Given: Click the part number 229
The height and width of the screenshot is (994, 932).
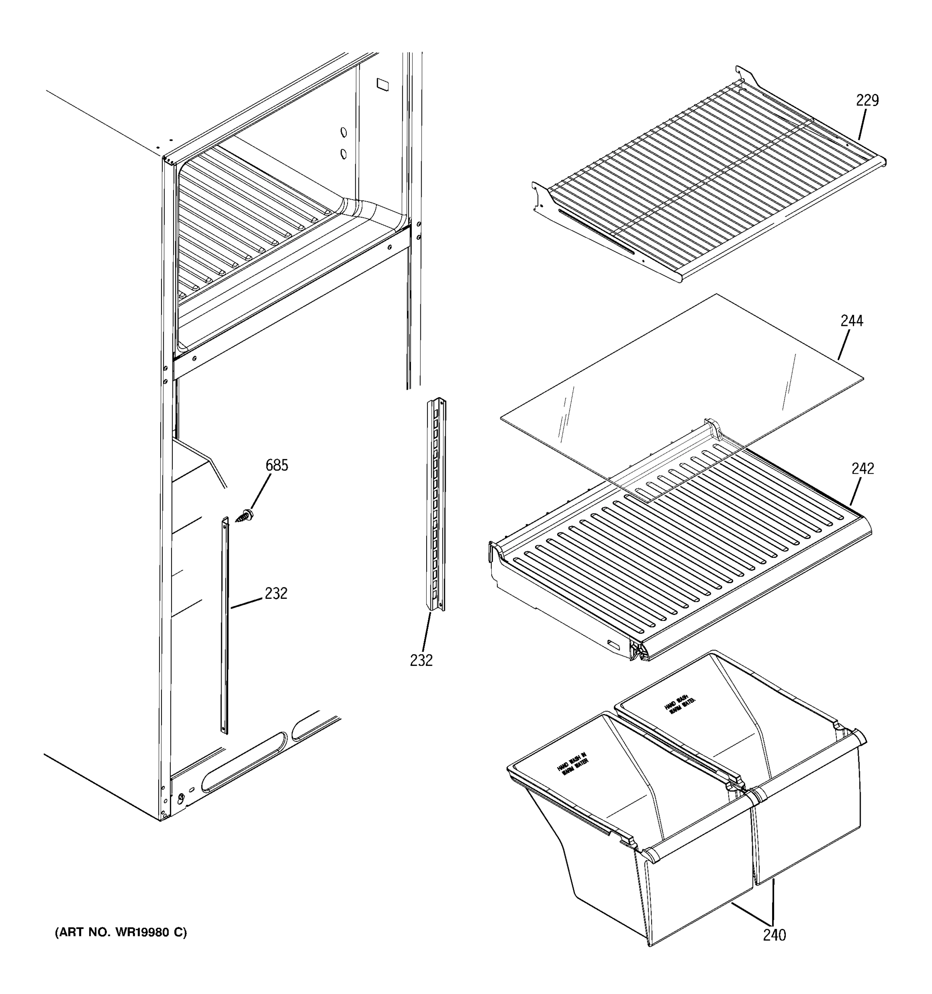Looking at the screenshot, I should [867, 101].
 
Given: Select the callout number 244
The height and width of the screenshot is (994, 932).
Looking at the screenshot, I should [852, 321].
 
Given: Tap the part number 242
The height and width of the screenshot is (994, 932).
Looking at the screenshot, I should [862, 468].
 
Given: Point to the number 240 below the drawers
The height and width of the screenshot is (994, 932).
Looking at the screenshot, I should [774, 934].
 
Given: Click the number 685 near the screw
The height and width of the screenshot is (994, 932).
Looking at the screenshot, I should [277, 466].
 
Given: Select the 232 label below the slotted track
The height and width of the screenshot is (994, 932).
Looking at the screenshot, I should [421, 661].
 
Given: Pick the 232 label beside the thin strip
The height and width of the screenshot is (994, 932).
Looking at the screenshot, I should [276, 594].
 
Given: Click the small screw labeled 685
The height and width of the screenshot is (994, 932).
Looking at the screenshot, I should [245, 516].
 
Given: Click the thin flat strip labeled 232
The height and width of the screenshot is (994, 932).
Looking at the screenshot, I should [225, 625].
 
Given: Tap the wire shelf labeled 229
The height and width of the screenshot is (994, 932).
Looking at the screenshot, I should [710, 175].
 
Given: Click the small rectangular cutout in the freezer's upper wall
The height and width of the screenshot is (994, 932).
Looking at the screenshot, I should [382, 84].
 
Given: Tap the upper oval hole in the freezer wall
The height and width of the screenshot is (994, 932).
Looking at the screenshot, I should [343, 132].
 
